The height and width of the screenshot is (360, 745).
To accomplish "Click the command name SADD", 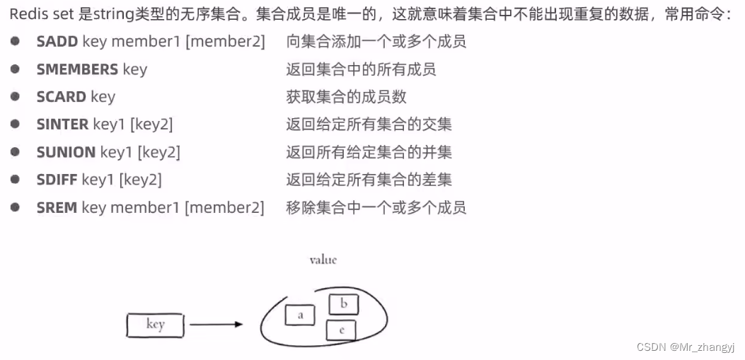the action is [x=57, y=42].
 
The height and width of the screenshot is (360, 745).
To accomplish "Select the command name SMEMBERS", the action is [x=77, y=69].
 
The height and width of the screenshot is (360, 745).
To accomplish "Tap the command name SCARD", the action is [x=62, y=97].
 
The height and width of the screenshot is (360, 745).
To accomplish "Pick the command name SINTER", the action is [x=62, y=124].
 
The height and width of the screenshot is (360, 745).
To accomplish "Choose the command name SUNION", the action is [x=66, y=152].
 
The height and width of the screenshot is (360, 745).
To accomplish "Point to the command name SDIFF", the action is [x=57, y=180].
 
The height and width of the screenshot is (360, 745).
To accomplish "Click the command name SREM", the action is [x=57, y=207].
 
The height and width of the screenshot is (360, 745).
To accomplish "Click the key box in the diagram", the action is [x=155, y=325].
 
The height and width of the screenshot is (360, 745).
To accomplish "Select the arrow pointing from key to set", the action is [x=216, y=325].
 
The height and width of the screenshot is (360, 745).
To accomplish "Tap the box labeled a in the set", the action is [x=300, y=315].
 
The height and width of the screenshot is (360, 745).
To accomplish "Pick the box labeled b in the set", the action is [x=344, y=304].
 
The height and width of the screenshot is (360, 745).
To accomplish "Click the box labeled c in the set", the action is [x=341, y=330].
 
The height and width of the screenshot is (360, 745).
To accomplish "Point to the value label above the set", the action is [x=323, y=260].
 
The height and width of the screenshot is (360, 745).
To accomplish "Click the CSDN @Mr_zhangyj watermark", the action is [x=686, y=347].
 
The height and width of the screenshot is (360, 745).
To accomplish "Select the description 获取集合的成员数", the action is [x=347, y=97].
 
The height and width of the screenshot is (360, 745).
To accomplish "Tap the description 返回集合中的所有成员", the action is [x=361, y=69].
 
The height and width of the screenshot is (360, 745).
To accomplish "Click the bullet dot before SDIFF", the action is [x=15, y=179].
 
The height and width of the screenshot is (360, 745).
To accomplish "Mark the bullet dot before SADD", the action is [x=15, y=41].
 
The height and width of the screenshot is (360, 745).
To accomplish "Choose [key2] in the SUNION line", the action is [x=159, y=152].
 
